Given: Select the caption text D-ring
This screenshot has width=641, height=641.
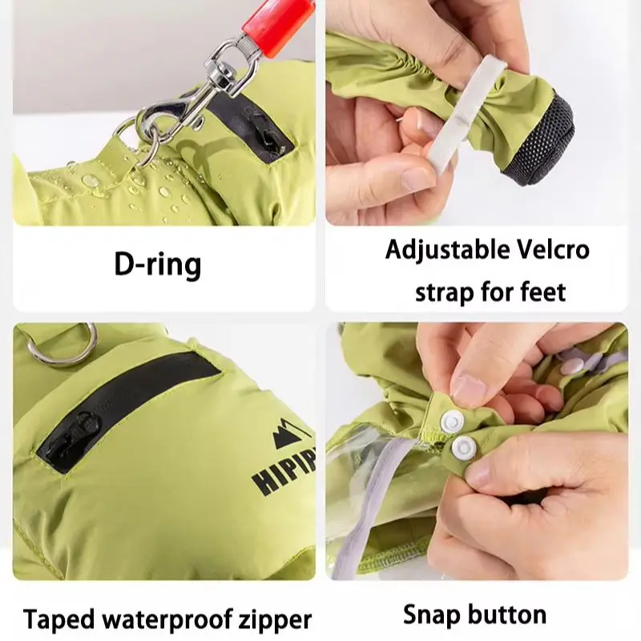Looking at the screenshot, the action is coord(157,265).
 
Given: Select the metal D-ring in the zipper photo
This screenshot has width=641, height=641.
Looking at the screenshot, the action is coord(62,353).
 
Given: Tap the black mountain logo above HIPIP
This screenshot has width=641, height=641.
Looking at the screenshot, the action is coord(289,434).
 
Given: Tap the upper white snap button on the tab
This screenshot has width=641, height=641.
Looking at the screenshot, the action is coord(454,420).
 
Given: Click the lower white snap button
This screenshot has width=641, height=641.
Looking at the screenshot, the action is coord(464,447).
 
